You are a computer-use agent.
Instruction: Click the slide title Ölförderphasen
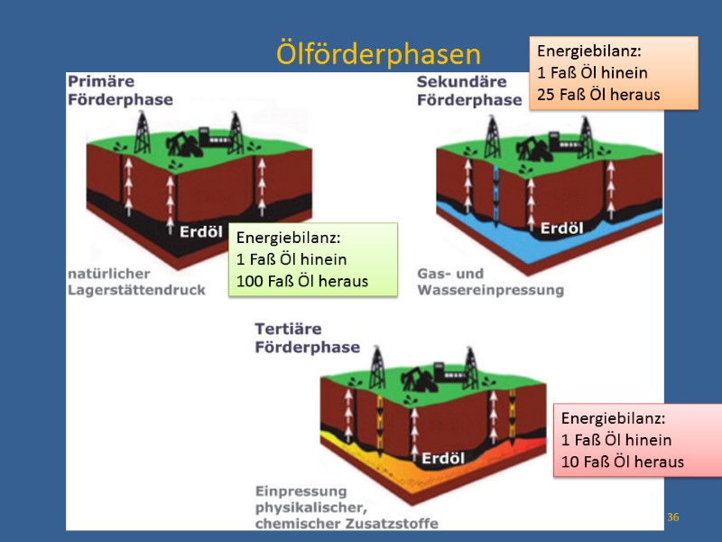tap(378, 55)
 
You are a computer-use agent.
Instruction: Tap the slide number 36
tap(672, 517)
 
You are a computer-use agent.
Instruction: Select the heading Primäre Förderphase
tap(120, 90)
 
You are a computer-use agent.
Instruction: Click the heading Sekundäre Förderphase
tap(468, 90)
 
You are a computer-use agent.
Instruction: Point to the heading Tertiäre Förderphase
tap(307, 338)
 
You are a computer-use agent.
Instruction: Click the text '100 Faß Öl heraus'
tap(302, 281)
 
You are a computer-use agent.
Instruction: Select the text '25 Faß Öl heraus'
tap(598, 94)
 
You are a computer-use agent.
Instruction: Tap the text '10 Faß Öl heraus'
tap(623, 462)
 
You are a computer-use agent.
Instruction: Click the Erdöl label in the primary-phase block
tap(200, 232)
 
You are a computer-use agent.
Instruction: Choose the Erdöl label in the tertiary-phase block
tap(442, 457)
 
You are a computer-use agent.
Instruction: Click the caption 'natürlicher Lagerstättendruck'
tap(136, 282)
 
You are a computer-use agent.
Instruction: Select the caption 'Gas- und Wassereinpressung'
tap(490, 282)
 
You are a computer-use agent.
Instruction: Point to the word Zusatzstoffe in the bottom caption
tap(391, 523)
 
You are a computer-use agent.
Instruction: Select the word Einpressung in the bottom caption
tap(288, 491)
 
